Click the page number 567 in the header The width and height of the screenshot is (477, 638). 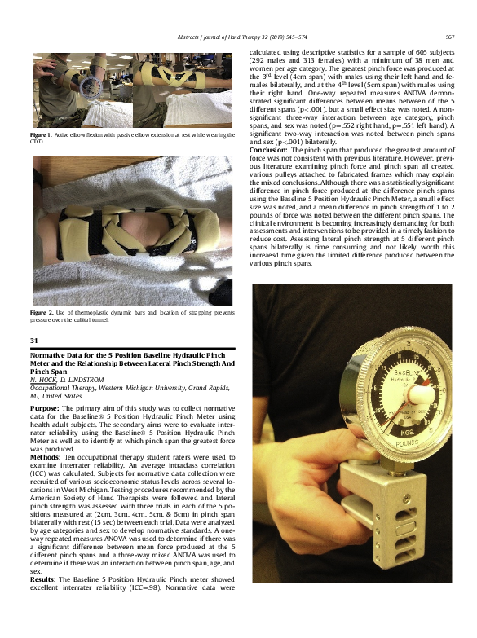coord(450,37)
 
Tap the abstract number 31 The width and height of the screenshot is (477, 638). coord(34,340)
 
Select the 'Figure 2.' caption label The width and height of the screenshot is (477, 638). coord(40,312)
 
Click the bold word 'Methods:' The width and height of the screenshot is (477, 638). coord(45,458)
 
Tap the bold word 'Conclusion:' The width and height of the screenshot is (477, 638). coord(267,151)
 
